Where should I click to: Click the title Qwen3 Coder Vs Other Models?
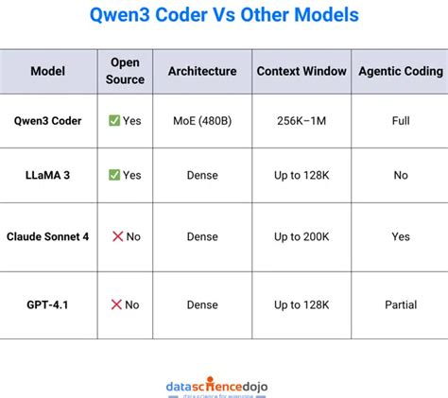pos(224,17)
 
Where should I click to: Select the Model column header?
pos(48,71)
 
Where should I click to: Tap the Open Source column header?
pos(126,71)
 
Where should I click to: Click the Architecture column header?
pos(202,71)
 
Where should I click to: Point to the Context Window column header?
pos(300,71)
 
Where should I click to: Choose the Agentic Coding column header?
pos(401,71)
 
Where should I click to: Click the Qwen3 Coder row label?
pos(48,121)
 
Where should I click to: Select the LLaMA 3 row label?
pos(48,175)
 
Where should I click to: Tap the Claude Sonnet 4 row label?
pos(48,236)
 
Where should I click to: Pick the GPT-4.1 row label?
pos(48,304)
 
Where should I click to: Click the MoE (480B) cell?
pos(202,121)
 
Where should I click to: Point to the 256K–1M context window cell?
pos(300,121)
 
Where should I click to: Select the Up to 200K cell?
pos(300,236)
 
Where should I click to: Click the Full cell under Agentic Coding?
pos(401,121)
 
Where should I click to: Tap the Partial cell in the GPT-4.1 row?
pos(401,304)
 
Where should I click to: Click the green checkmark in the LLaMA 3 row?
pos(114,175)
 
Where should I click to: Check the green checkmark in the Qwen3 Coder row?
pos(114,121)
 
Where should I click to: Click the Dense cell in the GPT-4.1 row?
pos(202,304)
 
